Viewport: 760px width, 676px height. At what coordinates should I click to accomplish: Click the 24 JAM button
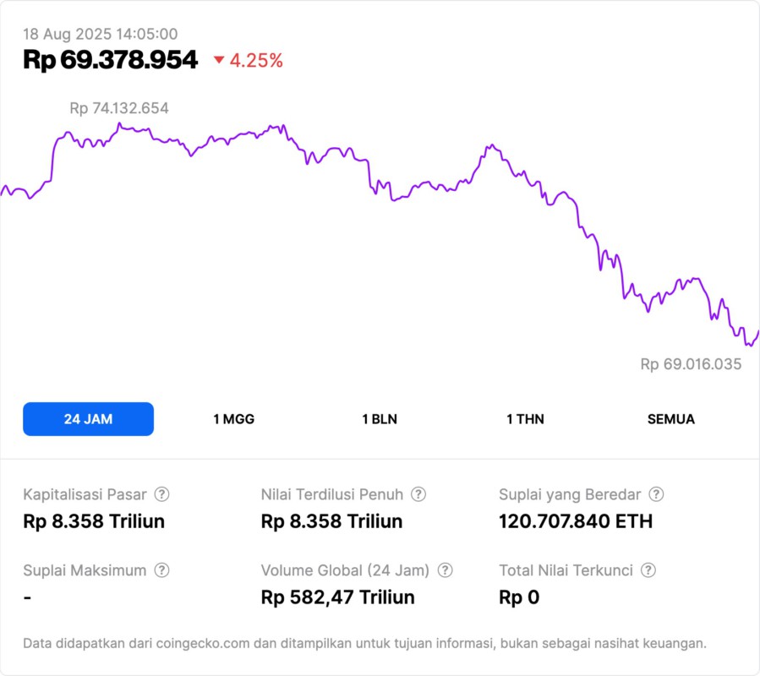tap(88, 419)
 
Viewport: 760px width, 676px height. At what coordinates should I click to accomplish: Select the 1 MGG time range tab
tap(233, 419)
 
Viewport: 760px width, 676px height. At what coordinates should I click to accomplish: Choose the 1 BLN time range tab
tap(380, 419)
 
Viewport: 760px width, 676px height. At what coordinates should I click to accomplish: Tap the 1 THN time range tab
tap(525, 419)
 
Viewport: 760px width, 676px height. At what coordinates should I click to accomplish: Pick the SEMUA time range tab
tap(671, 419)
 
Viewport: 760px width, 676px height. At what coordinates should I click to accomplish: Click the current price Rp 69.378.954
tap(111, 60)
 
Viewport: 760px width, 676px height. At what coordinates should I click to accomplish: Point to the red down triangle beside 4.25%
tap(219, 60)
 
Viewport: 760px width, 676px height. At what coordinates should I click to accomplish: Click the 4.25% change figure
tap(256, 60)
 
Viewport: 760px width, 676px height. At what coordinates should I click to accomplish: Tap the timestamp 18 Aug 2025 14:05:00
tap(100, 34)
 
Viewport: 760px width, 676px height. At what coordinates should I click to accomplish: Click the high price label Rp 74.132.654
tap(119, 108)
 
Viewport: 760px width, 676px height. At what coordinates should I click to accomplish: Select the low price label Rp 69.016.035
tap(691, 364)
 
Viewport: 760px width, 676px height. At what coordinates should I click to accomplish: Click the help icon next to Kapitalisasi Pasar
tap(161, 494)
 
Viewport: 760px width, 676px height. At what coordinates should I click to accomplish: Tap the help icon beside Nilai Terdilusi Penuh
tap(418, 494)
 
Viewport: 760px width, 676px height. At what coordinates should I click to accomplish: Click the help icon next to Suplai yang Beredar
tap(656, 494)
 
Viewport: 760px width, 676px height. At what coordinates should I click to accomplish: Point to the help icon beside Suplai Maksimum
tap(161, 570)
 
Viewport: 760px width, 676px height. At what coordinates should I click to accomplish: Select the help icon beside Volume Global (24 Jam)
tap(446, 570)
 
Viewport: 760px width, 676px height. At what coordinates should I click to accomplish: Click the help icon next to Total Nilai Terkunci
tap(648, 570)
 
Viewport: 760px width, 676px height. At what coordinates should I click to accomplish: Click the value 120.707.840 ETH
tap(576, 521)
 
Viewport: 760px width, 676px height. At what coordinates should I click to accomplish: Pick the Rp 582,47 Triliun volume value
tap(338, 597)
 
